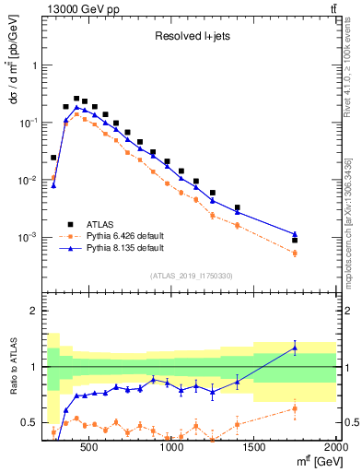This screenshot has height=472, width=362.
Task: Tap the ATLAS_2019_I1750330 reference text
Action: (191, 276)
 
